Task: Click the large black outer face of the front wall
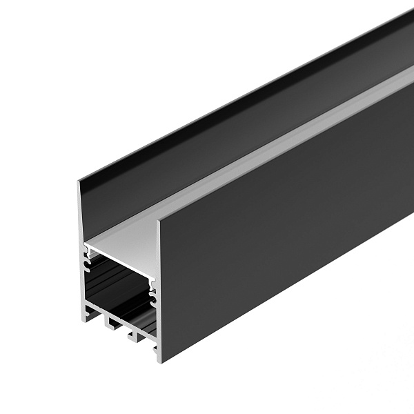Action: click(276, 228)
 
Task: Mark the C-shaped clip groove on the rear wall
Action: click(87, 260)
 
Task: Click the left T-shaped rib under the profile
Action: click(108, 322)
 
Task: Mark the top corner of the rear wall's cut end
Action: click(79, 181)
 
